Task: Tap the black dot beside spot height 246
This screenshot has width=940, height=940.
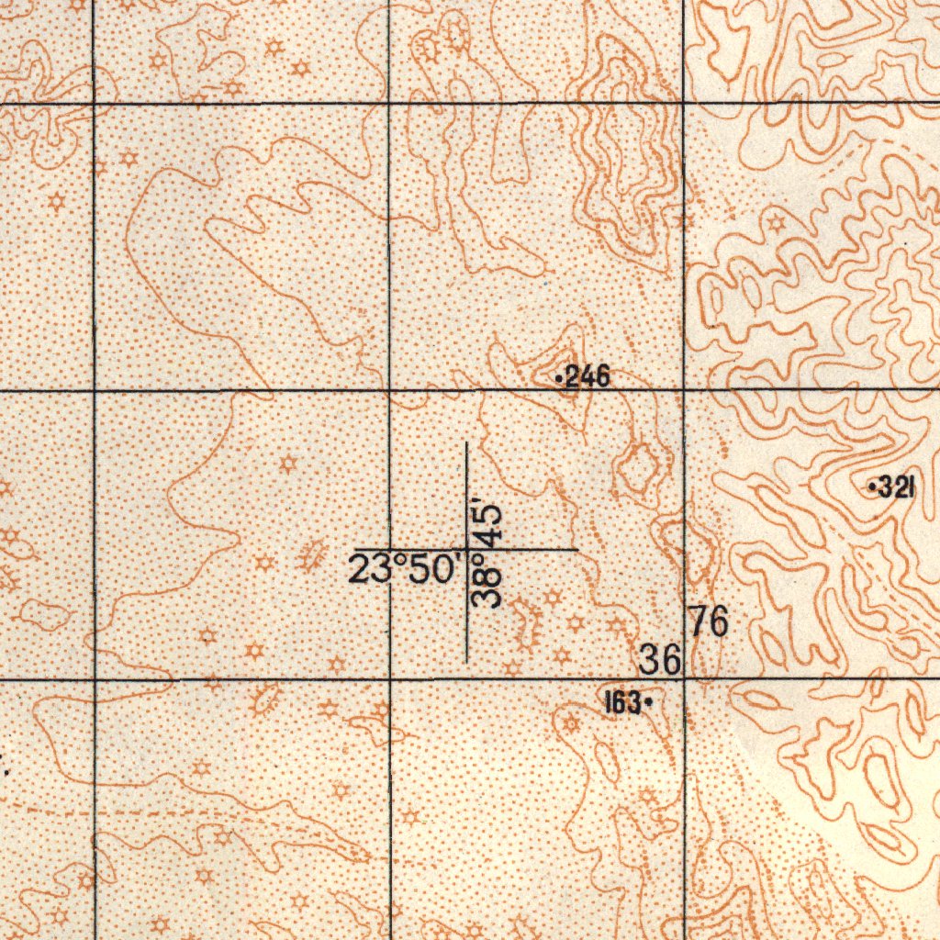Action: [559, 377]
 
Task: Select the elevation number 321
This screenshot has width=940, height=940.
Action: [896, 488]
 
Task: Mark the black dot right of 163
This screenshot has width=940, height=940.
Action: [649, 703]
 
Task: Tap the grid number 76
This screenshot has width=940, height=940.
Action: [710, 622]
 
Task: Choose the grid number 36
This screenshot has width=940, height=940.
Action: [660, 658]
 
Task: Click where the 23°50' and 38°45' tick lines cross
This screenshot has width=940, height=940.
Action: [467, 550]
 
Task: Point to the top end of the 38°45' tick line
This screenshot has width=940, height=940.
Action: [467, 442]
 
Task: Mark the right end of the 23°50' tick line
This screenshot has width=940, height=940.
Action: [576, 550]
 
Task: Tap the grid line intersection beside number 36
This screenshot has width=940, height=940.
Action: [685, 679]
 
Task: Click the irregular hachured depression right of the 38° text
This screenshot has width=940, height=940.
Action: [528, 625]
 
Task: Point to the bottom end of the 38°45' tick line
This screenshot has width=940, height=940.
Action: [467, 660]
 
